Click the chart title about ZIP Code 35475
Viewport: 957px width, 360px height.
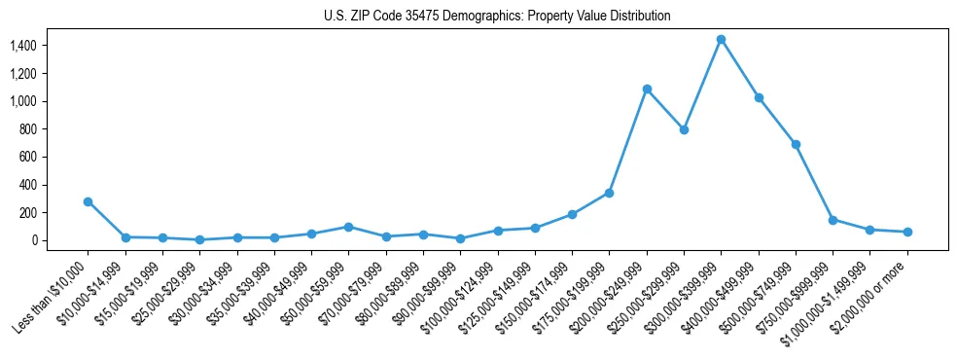click(x=497, y=16)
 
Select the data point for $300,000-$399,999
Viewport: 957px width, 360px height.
click(x=721, y=39)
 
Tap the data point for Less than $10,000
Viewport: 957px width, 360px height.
click(x=88, y=201)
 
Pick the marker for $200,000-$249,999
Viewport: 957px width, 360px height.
click(x=647, y=89)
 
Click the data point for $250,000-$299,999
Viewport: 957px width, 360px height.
click(x=684, y=129)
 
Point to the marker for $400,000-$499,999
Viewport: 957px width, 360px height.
click(x=759, y=97)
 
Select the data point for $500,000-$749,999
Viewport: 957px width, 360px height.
click(x=796, y=144)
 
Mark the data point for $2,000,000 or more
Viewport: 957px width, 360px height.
click(x=907, y=232)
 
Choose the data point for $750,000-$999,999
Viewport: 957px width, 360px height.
click(x=833, y=220)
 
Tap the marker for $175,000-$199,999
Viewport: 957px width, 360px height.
click(x=609, y=193)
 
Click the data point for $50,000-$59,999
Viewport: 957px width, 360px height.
click(x=348, y=227)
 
